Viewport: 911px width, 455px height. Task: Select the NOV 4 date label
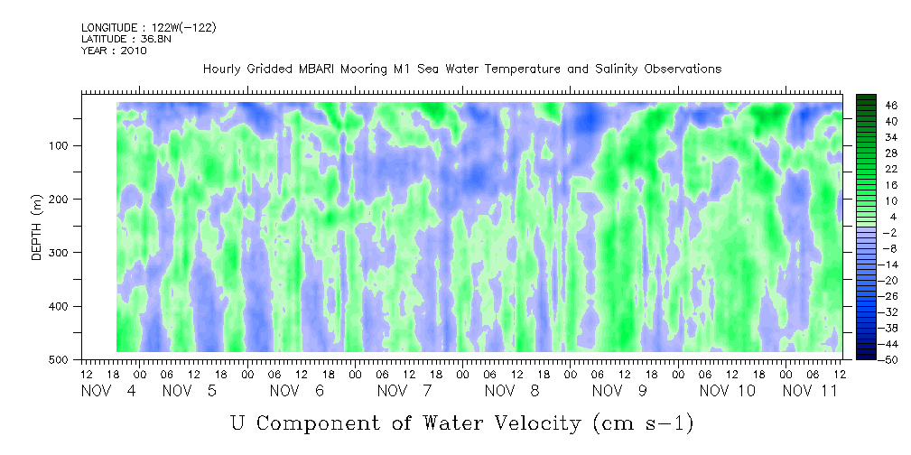tap(108, 391)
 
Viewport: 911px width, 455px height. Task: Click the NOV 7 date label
tap(404, 391)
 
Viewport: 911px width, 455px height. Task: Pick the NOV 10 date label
tap(728, 391)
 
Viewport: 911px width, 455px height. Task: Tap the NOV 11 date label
tap(810, 391)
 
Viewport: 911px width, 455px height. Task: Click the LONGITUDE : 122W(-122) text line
tap(149, 27)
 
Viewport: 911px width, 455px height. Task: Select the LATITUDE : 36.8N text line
tap(126, 39)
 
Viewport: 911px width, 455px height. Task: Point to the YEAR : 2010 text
tap(114, 51)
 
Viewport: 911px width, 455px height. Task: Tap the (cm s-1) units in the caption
tap(643, 423)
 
